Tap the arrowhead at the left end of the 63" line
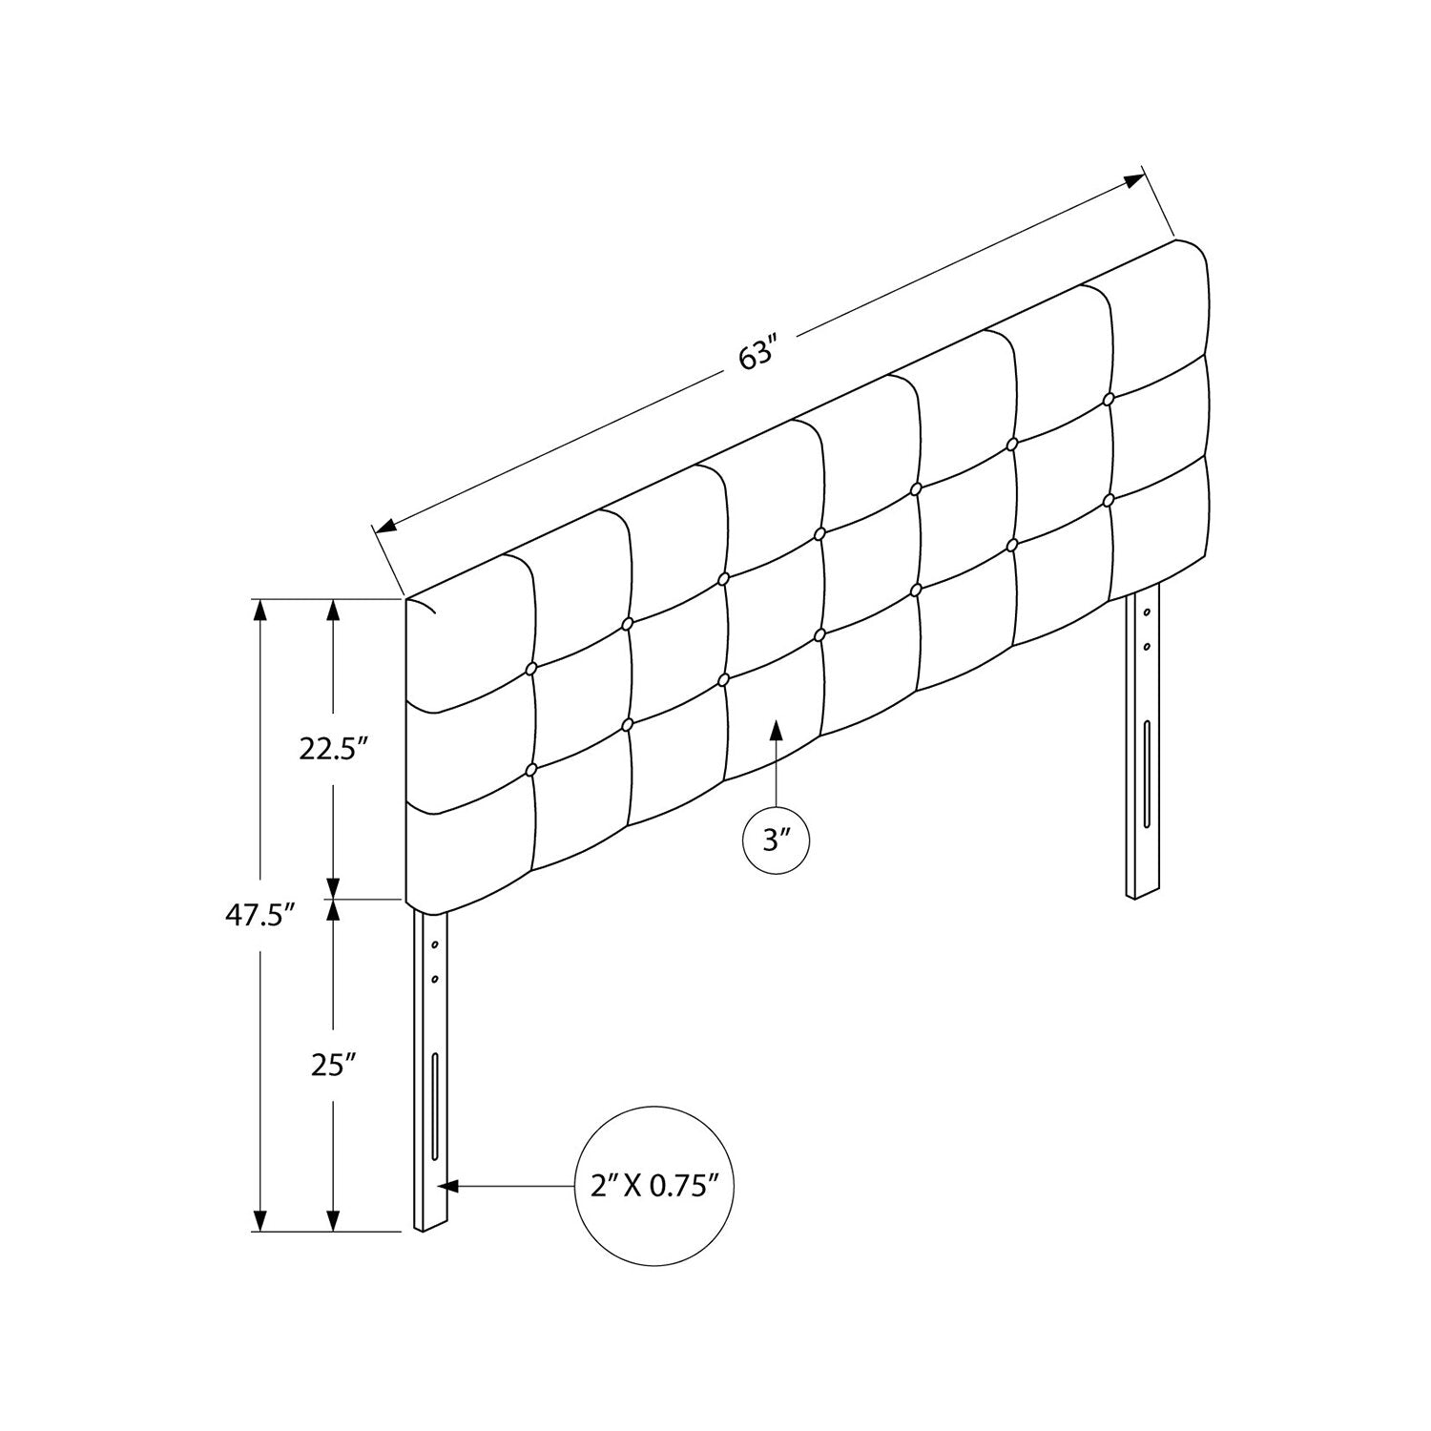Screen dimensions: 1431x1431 point(385,525)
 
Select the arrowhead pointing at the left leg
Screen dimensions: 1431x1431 point(448,1186)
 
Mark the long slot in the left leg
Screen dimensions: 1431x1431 point(436,1106)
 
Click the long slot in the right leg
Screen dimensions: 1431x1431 point(1146,774)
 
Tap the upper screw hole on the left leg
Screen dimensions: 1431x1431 point(434,944)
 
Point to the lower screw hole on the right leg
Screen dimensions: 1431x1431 point(1147,646)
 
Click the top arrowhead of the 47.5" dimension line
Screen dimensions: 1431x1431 point(258,609)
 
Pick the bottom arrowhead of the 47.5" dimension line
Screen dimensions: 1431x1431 point(258,1221)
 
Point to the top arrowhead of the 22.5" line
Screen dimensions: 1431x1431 point(333,609)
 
